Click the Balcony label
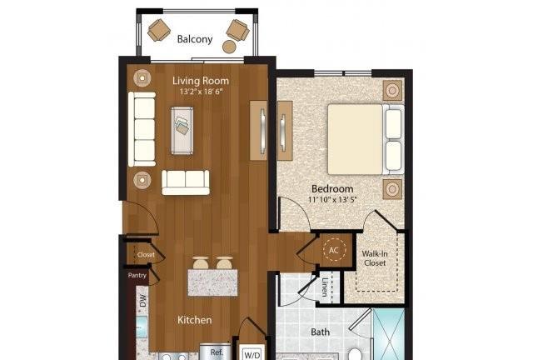point(195,39)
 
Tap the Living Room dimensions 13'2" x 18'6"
point(201,92)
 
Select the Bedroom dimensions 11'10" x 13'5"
point(332,199)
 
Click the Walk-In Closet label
point(375,258)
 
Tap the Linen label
point(326,287)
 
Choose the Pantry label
point(137,275)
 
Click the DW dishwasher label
point(142,301)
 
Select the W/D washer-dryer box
point(253,353)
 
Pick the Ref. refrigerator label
point(217,352)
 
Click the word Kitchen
point(195,320)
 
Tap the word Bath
point(320,332)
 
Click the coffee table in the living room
point(182,131)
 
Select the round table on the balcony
point(230,47)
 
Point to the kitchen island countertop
point(212,282)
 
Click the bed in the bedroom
point(366,139)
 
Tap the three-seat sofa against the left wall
point(142,129)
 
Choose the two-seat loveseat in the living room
point(186,182)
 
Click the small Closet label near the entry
point(146,255)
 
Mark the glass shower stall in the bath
point(389,334)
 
